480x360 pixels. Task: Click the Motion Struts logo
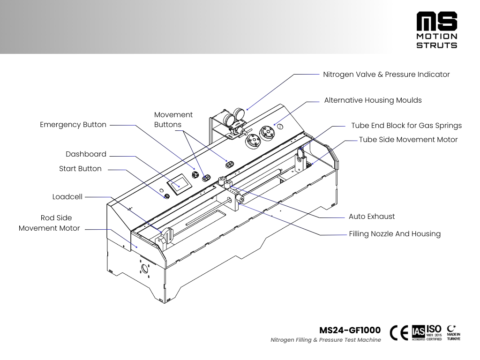437,30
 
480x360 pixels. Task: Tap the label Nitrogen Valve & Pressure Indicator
386,75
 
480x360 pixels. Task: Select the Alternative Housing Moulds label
373,100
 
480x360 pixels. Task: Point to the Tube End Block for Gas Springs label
406,126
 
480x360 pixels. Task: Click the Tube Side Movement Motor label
408,140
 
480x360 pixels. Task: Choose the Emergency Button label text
73,125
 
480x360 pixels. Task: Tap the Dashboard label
86,154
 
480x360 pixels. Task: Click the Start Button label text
80,169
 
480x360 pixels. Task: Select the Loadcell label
67,197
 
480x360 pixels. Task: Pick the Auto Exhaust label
372,217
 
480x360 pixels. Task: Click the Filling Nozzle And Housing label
395,233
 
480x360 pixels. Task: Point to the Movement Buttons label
173,120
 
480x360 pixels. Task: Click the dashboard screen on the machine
179,186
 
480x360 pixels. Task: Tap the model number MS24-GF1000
350,330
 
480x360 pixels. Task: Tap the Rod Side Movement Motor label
49,223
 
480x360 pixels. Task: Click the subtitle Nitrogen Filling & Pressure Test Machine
326,340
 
